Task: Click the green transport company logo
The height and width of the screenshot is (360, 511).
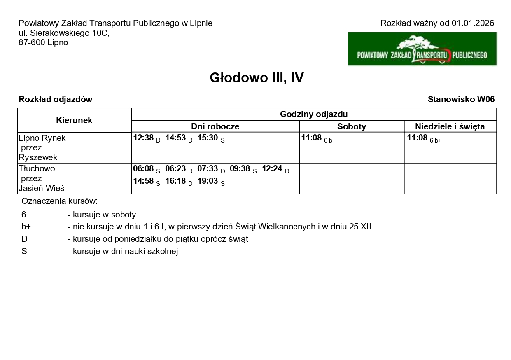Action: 422,49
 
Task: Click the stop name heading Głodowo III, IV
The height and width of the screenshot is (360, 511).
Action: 257,77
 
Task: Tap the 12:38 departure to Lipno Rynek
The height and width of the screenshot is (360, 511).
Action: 143,138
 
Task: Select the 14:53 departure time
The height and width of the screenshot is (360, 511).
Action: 175,138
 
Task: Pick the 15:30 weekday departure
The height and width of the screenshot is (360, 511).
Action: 208,138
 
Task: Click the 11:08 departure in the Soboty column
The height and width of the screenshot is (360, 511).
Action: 311,138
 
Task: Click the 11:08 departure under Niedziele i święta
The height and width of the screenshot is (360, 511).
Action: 417,138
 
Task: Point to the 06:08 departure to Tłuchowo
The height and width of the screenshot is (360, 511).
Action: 143,168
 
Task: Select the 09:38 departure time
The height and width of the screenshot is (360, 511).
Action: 240,168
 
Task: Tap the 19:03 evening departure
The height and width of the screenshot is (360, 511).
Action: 208,181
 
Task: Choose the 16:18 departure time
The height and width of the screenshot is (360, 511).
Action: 175,181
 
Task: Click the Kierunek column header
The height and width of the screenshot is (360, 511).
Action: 74,120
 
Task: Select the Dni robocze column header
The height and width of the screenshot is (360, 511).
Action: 215,126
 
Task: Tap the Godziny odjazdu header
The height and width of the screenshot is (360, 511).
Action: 314,114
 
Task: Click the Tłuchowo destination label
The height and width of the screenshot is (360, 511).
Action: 37,168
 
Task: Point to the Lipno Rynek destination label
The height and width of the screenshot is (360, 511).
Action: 42,138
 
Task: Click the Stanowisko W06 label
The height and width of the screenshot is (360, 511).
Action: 461,99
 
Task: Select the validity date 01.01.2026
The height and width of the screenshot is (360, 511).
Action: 473,23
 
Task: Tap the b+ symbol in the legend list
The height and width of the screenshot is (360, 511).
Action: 26,227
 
